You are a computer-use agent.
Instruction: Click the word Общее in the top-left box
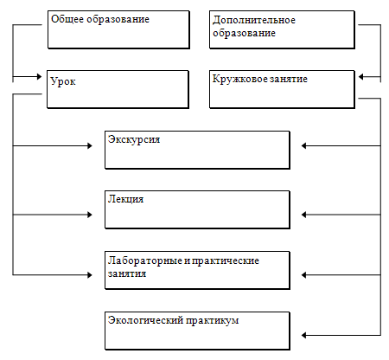pyautogui.click(x=67, y=19)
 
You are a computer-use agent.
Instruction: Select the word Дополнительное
pyautogui.click(x=254, y=21)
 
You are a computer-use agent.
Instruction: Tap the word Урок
pyautogui.click(x=63, y=81)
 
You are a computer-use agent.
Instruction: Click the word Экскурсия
pyautogui.click(x=134, y=139)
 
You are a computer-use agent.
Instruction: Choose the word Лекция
pyautogui.click(x=125, y=200)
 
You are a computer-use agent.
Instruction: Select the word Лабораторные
pyautogui.click(x=145, y=260)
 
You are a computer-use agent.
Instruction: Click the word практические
pyautogui.click(x=226, y=260)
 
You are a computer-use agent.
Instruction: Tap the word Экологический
pyautogui.click(x=145, y=320)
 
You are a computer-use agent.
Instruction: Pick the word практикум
pyautogui.click(x=212, y=321)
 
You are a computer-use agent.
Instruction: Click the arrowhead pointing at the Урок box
pyautogui.click(x=39, y=76)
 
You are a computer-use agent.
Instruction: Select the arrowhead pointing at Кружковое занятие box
pyautogui.click(x=361, y=77)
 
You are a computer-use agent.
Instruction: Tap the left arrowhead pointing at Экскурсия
pyautogui.click(x=90, y=145)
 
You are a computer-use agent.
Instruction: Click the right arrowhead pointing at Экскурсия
pyautogui.click(x=304, y=145)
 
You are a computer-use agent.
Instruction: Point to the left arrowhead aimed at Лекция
pyautogui.click(x=90, y=215)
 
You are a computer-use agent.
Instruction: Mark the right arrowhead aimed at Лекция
pyautogui.click(x=304, y=215)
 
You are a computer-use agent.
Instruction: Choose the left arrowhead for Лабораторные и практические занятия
pyautogui.click(x=90, y=275)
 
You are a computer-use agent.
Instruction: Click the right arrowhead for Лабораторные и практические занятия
pyautogui.click(x=304, y=275)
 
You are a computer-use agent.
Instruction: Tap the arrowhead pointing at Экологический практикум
pyautogui.click(x=304, y=335)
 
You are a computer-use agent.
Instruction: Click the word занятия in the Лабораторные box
pyautogui.click(x=127, y=273)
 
